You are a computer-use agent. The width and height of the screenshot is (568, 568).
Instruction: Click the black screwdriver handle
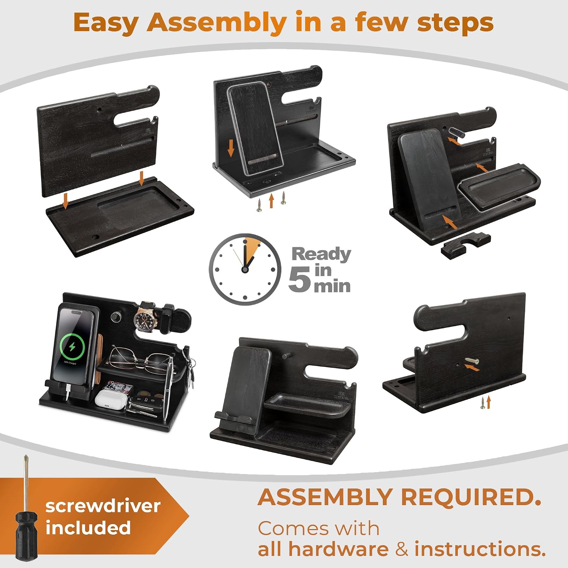click(x=27, y=535)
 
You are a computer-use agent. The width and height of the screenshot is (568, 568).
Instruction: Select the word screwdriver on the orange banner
click(x=103, y=506)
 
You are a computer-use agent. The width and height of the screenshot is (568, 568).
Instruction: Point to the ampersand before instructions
click(x=402, y=549)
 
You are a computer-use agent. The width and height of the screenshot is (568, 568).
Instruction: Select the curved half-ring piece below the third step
click(x=466, y=245)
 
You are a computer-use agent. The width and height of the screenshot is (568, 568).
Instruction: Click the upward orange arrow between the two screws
click(x=271, y=201)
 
